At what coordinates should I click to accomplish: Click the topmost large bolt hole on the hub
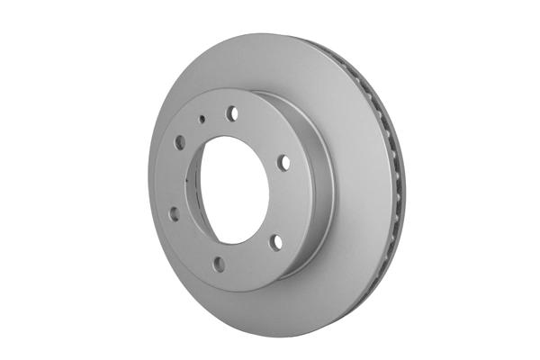point(232,112)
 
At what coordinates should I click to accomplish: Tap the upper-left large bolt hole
point(179,141)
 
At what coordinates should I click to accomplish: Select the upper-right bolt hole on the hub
point(283,162)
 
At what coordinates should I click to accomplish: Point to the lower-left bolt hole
point(173,213)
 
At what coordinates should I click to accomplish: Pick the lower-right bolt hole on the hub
point(276,240)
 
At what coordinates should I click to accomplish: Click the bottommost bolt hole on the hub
point(219,263)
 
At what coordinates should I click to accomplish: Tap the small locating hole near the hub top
point(202,118)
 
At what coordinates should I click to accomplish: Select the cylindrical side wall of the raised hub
point(315,180)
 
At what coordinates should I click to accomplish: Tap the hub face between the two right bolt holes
point(286,202)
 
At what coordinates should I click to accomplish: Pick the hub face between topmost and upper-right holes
point(263,130)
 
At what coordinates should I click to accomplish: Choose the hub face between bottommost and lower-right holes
point(250,258)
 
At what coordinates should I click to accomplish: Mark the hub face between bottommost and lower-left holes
point(191,245)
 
